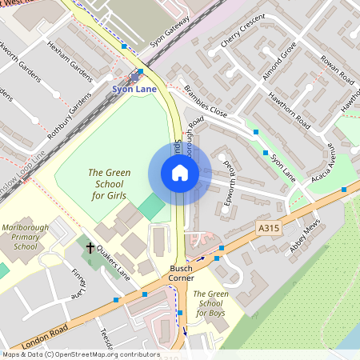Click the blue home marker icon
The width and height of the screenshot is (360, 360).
[180, 173]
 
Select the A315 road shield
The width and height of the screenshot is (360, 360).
[269, 229]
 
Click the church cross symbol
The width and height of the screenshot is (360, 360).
[90, 248]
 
